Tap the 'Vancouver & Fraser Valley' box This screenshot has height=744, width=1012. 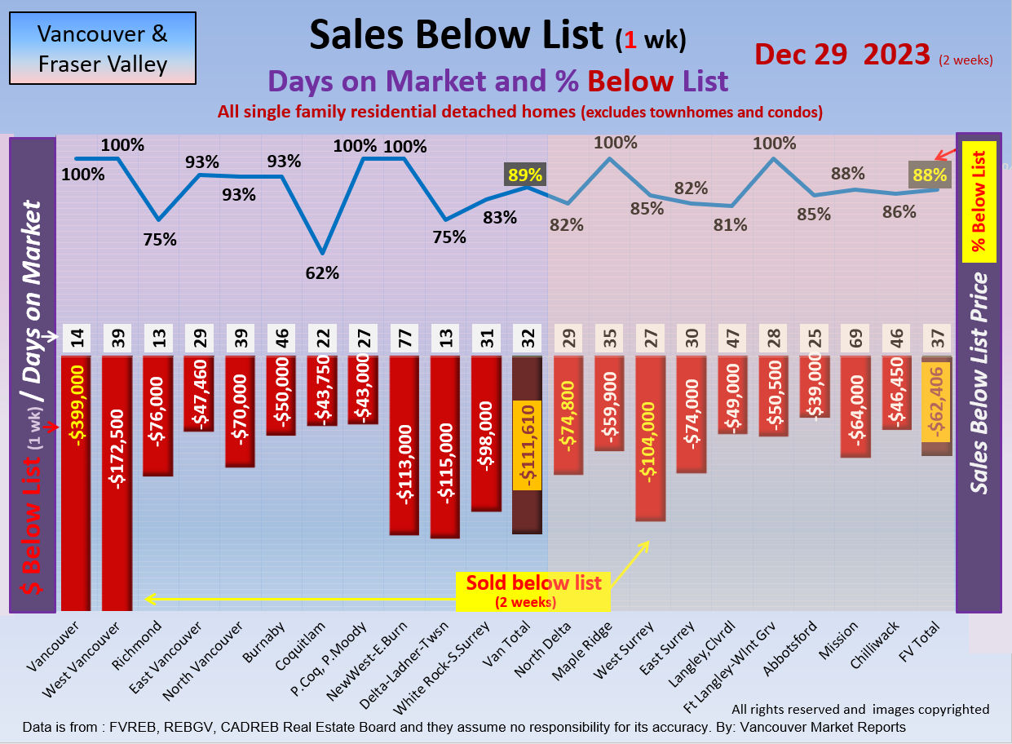click(x=103, y=48)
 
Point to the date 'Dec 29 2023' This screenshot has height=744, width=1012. click(x=842, y=54)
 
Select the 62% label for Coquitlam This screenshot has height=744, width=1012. click(x=322, y=273)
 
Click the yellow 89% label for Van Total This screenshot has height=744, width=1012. click(x=525, y=174)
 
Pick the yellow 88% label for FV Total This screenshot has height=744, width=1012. click(x=930, y=174)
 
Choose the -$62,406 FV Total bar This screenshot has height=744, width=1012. click(x=936, y=405)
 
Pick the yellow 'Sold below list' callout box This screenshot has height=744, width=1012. click(x=533, y=590)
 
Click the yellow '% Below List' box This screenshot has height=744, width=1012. click(x=978, y=201)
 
